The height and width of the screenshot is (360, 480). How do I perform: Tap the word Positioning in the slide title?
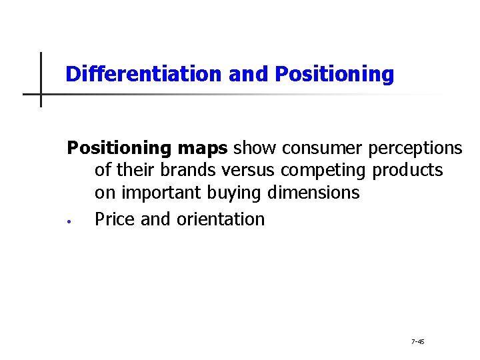point(334,74)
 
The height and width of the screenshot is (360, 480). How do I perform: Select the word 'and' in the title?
point(249,74)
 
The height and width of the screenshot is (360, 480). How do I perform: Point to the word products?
point(407,170)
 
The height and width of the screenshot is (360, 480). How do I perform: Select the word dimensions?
point(313,193)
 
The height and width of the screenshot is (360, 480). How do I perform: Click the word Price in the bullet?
point(115,219)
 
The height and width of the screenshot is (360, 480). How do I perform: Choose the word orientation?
point(221,219)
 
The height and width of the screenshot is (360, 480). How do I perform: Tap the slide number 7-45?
point(418,341)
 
